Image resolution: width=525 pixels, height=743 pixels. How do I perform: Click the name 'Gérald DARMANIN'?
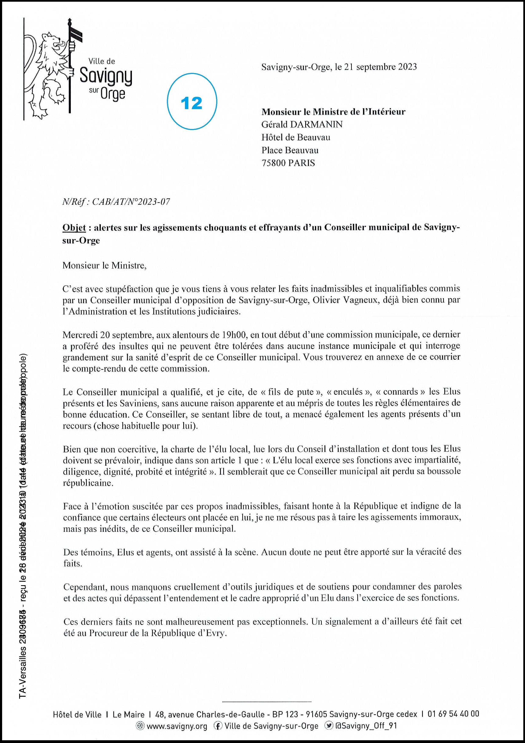pos(302,125)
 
